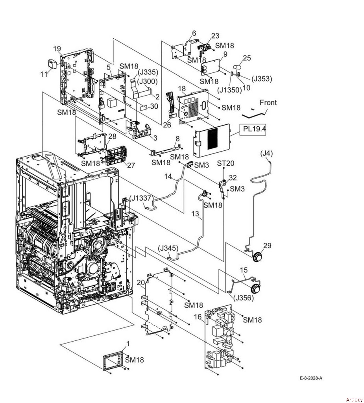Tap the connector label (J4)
pyautogui.click(x=266, y=153)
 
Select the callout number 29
pyautogui.click(x=267, y=246)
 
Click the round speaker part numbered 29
pyautogui.click(x=257, y=257)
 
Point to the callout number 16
pyautogui.click(x=198, y=317)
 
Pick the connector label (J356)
pyautogui.click(x=243, y=298)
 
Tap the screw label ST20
pyautogui.click(x=226, y=163)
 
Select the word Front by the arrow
pyautogui.click(x=268, y=103)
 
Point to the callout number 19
pyautogui.click(x=57, y=48)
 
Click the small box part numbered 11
pyautogui.click(x=52, y=63)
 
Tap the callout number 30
pyautogui.click(x=154, y=106)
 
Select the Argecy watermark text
pyautogui.click(x=354, y=399)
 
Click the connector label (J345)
pyautogui.click(x=168, y=249)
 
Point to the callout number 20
pyautogui.click(x=141, y=283)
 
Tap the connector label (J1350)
pyautogui.click(x=229, y=90)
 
